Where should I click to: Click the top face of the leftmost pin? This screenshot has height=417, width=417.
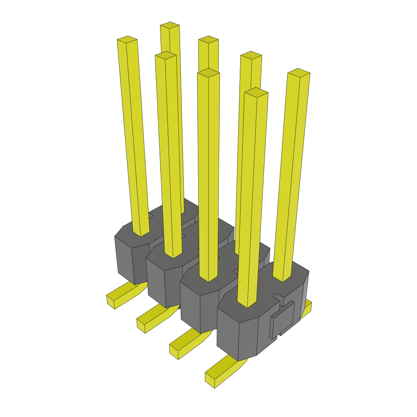(127, 40)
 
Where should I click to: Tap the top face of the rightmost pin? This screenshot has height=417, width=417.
(298, 72)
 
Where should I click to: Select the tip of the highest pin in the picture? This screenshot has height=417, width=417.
(170, 25)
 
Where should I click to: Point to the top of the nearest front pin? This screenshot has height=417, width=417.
(256, 92)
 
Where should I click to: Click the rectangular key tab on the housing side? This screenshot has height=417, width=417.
(283, 320)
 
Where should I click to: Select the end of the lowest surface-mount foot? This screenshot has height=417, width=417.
(210, 380)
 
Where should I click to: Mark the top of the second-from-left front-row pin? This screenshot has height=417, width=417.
(166, 55)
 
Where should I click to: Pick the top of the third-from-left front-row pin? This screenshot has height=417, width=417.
(208, 73)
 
